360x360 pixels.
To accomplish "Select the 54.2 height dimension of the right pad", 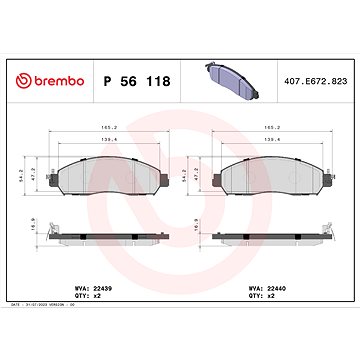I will [195, 177].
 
